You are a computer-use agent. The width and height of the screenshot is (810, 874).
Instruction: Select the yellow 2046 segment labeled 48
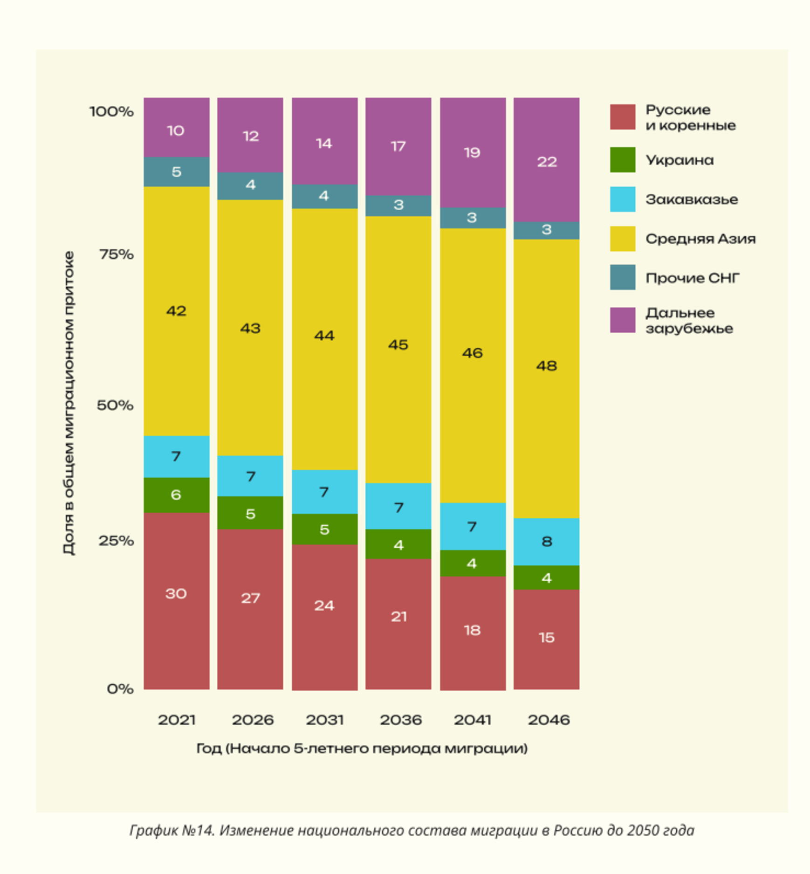[546, 378]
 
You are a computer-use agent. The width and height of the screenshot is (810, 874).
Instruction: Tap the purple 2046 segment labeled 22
[546, 159]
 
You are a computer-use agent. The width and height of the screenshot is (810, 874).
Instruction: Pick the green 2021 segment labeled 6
[176, 495]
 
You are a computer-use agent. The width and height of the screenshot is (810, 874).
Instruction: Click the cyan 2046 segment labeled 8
[546, 542]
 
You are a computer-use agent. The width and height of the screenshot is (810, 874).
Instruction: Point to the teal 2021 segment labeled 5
[176, 172]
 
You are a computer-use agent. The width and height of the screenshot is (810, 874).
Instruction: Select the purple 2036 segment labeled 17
[398, 146]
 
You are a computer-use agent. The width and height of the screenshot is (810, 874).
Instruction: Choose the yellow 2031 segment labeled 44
[324, 339]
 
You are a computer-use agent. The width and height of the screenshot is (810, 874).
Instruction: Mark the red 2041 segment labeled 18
[473, 633]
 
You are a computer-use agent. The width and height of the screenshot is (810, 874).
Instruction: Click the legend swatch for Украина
[622, 160]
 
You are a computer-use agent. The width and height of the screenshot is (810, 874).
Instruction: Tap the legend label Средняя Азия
[700, 239]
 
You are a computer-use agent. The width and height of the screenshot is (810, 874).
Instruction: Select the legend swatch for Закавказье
[622, 200]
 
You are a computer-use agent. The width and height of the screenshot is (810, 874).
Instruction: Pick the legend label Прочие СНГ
[692, 278]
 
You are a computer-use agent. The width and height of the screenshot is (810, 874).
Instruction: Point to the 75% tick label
[116, 255]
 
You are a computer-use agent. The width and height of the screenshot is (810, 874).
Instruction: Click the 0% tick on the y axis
[120, 689]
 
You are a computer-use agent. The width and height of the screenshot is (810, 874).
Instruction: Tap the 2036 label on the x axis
[400, 720]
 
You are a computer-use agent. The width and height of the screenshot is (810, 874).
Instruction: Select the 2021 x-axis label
[176, 720]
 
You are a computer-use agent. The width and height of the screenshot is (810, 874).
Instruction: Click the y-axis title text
[69, 403]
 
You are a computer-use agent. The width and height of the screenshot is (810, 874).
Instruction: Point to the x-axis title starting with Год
[362, 749]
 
